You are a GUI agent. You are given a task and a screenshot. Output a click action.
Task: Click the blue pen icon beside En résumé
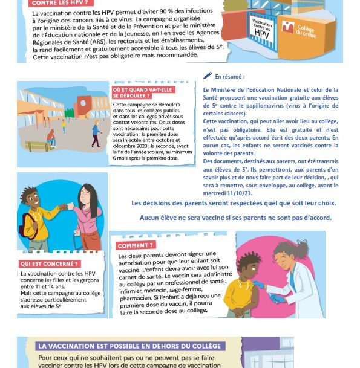pos(208,76)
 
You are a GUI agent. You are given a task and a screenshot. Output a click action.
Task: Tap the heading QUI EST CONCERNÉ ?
pos(50,264)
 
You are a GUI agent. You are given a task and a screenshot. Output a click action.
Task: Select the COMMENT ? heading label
pos(136,245)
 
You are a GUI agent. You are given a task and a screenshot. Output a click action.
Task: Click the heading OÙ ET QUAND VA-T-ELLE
pos(143,90)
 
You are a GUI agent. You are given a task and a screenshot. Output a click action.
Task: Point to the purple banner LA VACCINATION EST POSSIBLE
pos(129,346)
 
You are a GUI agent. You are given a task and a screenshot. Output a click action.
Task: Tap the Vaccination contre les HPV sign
pos(261,29)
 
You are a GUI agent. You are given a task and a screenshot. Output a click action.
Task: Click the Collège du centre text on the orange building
pos(306,31)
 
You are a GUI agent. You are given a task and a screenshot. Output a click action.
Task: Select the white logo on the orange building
pos(288,27)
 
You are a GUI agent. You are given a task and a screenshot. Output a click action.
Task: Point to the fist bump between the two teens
pos(67,207)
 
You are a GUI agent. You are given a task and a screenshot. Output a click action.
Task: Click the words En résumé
pos(229,77)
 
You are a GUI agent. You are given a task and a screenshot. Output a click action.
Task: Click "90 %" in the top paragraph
pos(167,11)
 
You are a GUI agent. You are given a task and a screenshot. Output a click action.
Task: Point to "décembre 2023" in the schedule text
pos(129,146)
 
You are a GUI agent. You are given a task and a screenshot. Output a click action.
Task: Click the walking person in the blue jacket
pos(96,134)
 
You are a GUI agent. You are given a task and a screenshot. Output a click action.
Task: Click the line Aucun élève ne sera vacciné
pos(235,218)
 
